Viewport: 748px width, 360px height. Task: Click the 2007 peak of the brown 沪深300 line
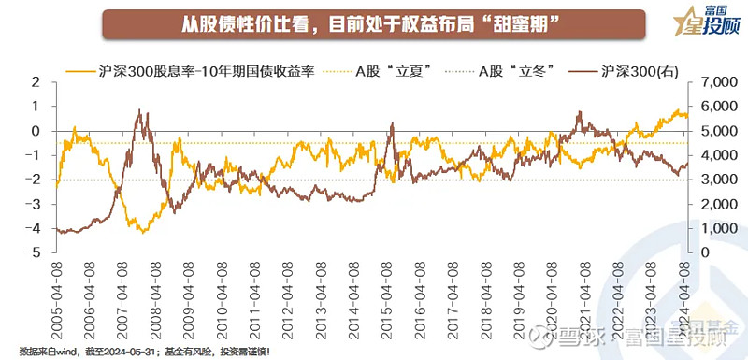pos(140,110)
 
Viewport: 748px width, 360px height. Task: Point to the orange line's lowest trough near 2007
pos(141,230)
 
